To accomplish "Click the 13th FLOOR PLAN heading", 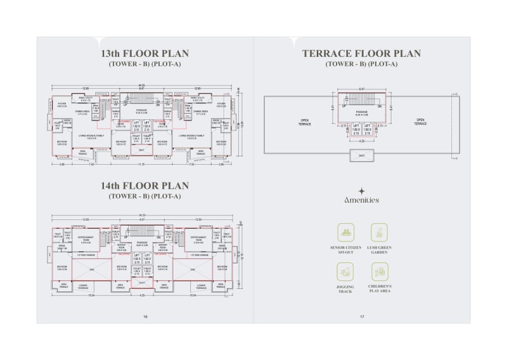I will click(x=145, y=53).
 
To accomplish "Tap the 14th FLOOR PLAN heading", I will click(x=145, y=186).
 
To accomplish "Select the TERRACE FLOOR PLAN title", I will click(x=361, y=53).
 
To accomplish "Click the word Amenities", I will click(x=361, y=200).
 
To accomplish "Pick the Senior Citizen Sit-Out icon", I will click(x=345, y=232).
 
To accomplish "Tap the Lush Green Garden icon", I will click(x=380, y=232).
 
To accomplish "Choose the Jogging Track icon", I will click(x=345, y=271).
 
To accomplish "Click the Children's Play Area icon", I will click(x=380, y=271).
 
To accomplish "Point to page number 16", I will click(x=145, y=316).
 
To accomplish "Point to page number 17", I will click(x=362, y=316).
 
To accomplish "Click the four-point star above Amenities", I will click(x=361, y=190).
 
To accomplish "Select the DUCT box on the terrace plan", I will click(x=361, y=155).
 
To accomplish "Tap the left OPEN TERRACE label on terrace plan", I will click(x=304, y=122).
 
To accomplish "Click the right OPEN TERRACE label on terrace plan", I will click(x=420, y=122).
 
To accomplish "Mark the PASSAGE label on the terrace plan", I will click(x=361, y=113).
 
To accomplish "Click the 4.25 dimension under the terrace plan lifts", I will click(x=361, y=141).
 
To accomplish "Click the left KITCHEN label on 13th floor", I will click(x=62, y=104).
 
